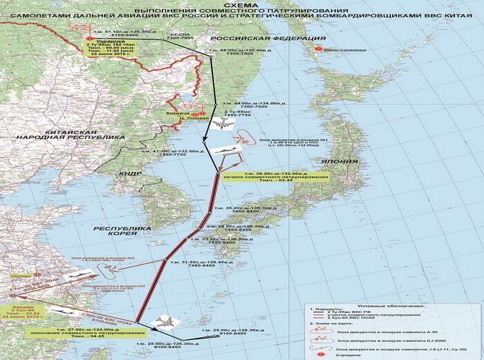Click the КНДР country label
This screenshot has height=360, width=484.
pyautogui.click(x=129, y=174)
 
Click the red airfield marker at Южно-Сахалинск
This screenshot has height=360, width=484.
pyautogui.click(x=319, y=50)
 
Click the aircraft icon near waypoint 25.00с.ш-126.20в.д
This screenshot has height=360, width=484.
pyautogui.click(x=165, y=322)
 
